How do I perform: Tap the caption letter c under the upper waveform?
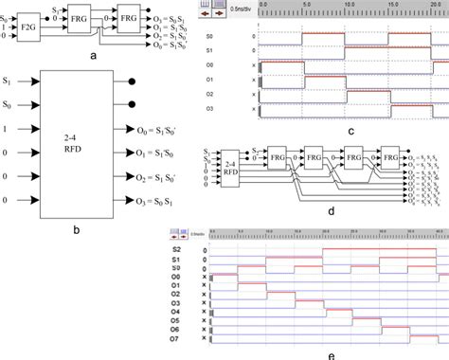pos(324,132)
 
